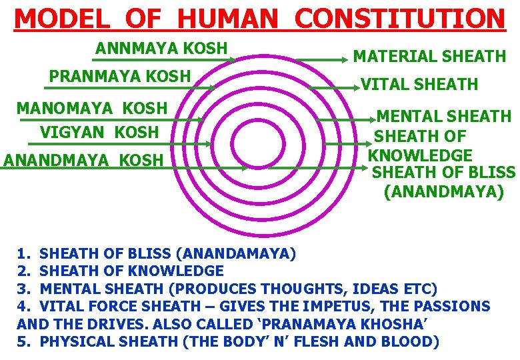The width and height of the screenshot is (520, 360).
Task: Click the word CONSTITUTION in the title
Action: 400,18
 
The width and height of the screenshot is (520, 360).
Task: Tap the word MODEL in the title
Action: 56,18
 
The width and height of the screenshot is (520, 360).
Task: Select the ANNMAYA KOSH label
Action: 161,49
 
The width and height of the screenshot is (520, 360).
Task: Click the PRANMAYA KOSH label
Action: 120,76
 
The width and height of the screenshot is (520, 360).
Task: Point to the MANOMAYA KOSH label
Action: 92,108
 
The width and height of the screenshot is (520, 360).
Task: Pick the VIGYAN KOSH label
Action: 99,132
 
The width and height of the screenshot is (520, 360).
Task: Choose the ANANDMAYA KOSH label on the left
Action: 83,160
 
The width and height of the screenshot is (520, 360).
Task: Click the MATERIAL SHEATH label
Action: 429,57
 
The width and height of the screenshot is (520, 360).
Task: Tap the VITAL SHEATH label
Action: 419,84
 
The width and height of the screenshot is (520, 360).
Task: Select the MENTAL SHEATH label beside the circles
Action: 444,117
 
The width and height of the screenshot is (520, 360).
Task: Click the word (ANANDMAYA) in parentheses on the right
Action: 444,193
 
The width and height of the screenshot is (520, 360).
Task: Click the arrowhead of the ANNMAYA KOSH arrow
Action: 232,60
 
